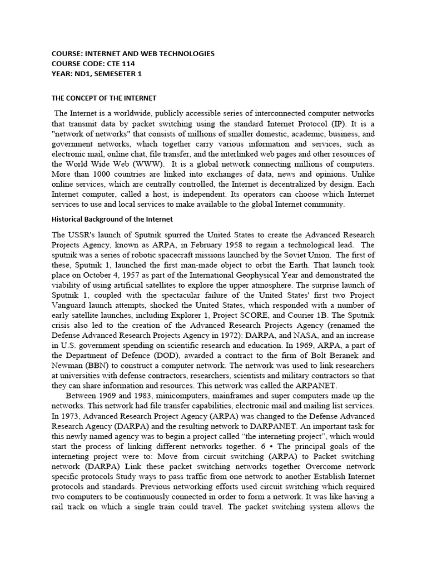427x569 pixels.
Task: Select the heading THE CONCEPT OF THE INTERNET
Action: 104,98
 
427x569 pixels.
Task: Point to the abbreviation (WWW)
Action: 147,164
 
